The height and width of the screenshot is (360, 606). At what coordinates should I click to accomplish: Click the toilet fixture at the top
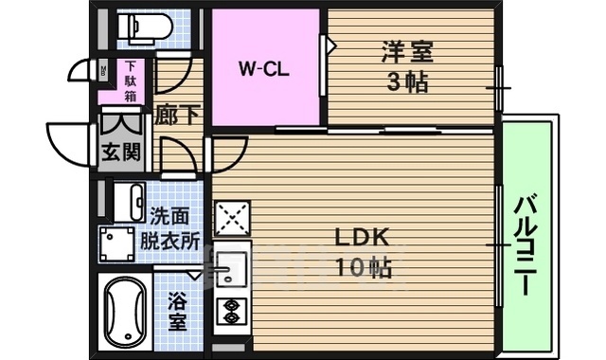[x=145, y=27]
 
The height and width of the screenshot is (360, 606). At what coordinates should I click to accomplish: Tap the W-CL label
[x=264, y=69]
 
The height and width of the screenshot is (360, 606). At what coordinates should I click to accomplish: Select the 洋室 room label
[x=407, y=52]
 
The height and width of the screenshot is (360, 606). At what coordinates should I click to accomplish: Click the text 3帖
[x=407, y=82]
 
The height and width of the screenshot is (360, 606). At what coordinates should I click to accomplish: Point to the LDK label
[x=362, y=238]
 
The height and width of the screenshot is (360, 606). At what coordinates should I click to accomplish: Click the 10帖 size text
[x=364, y=267]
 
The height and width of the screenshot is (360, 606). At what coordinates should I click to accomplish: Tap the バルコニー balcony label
[x=526, y=245]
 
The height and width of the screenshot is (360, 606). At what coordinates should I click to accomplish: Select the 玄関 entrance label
[x=121, y=152]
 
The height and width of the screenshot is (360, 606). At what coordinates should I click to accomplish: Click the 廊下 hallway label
[x=177, y=115]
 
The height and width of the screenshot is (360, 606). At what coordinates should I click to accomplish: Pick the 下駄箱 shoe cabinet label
[x=131, y=81]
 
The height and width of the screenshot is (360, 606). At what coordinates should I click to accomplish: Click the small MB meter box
[x=103, y=71]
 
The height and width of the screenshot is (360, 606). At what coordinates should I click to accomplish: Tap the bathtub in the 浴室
[x=125, y=312]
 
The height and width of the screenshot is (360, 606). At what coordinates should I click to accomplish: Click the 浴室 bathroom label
[x=178, y=311]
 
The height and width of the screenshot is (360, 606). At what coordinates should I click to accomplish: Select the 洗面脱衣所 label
[x=169, y=228]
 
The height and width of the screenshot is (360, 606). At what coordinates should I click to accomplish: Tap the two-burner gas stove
[x=231, y=312]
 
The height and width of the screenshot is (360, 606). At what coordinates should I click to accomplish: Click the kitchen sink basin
[x=231, y=269]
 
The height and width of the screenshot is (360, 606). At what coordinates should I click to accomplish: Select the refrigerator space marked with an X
[x=232, y=218]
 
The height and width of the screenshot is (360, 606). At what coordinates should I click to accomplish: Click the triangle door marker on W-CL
[x=331, y=45]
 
